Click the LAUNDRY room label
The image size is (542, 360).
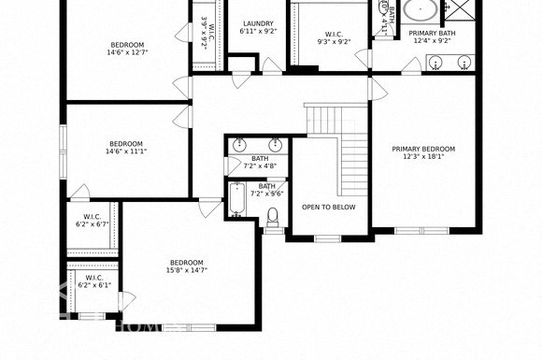(x=258, y=23)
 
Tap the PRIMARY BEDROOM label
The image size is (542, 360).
(x=423, y=149)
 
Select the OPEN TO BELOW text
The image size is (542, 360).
(x=329, y=208)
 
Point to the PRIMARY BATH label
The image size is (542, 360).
(x=431, y=33)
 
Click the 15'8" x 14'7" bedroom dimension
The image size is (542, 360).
(x=188, y=270)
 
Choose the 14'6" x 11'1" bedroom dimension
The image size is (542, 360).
(x=126, y=151)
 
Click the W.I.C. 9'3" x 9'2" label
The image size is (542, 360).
(x=335, y=37)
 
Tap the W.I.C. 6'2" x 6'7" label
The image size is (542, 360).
(x=93, y=221)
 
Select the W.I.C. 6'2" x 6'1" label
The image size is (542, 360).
(x=94, y=281)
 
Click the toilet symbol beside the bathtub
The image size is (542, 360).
(x=273, y=218)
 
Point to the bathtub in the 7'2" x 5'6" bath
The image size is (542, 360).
(x=238, y=201)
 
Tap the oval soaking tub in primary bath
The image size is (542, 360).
(x=420, y=11)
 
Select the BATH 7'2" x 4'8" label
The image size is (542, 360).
(x=261, y=162)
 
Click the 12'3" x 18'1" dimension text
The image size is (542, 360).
(x=423, y=157)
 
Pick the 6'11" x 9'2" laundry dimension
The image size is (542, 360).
(x=258, y=32)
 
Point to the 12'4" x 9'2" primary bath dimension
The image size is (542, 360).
(x=431, y=41)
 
